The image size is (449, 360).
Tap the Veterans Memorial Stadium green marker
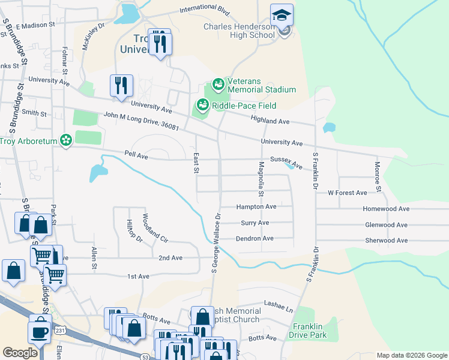[217, 83]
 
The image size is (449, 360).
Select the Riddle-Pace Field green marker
[202, 106]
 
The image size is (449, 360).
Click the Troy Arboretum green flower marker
[66, 141]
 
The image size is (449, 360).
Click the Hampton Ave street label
[256, 206]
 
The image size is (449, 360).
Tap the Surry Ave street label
[255, 223]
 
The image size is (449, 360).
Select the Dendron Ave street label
[255, 238]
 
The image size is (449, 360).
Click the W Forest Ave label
[347, 193]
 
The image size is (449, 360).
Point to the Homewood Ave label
[386, 209]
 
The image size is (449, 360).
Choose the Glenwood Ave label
[386, 225]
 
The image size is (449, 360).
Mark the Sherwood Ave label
[386, 241]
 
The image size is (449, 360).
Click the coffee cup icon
[40, 332]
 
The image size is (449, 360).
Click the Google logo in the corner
[20, 353]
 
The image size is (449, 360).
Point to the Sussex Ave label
[285, 161]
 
